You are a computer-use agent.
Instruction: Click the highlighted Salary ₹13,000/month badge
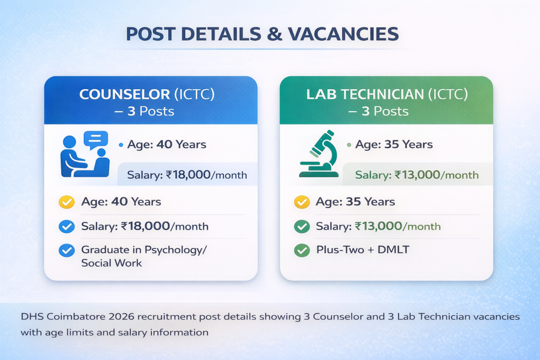[417, 175]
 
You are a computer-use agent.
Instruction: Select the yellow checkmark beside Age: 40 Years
[66, 202]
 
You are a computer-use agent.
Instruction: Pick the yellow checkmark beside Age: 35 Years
[302, 202]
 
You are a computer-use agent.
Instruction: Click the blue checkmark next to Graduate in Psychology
[66, 250]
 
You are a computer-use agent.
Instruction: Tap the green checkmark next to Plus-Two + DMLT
[302, 250]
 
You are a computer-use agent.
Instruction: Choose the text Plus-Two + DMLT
[362, 250]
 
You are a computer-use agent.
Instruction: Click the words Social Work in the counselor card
[111, 262]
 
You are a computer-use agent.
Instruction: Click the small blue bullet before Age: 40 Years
[121, 144]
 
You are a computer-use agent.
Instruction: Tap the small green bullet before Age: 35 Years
[349, 144]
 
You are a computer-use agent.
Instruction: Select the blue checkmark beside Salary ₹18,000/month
[66, 227]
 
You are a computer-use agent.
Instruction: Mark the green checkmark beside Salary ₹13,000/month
[302, 227]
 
